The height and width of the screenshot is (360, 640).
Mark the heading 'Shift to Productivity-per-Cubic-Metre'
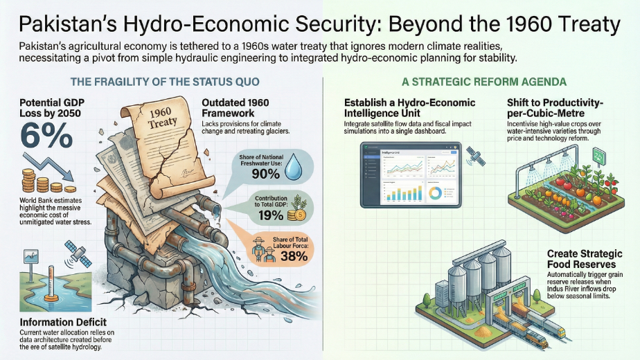pos(564,107)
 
